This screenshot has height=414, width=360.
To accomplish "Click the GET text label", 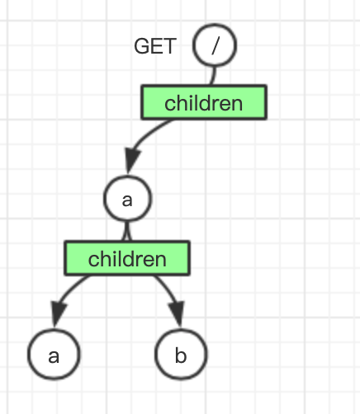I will click(x=155, y=46).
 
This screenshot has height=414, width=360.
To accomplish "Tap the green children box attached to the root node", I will click(x=204, y=103).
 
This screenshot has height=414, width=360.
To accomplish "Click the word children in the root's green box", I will click(x=204, y=103).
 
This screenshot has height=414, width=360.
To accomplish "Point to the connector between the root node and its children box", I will click(x=213, y=76).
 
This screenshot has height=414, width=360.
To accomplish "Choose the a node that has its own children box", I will click(x=127, y=200).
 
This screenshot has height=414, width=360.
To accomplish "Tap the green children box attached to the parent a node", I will click(x=127, y=259).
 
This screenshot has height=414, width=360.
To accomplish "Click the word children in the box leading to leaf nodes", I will click(x=127, y=259).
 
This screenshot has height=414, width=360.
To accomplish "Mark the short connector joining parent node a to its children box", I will click(x=127, y=233).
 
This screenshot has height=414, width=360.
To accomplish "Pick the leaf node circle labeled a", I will click(x=54, y=355).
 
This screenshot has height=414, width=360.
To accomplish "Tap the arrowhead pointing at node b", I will click(x=178, y=315).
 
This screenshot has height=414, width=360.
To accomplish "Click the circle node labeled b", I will click(x=181, y=355).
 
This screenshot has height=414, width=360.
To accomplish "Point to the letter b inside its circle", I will click(x=181, y=355).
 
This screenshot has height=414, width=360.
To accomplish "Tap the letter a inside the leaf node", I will click(x=54, y=356).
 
